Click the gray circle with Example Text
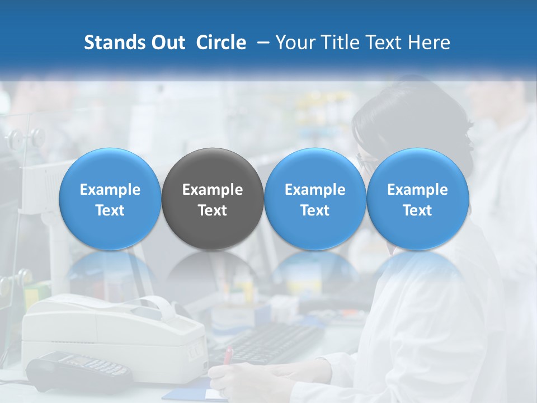coord(213,199)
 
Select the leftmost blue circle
coord(110,199)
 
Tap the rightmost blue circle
coord(417,199)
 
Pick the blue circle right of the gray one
coord(315,199)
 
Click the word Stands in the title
coord(114,43)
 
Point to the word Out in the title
coord(168,43)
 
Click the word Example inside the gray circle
coord(213,190)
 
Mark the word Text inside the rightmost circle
coord(417,210)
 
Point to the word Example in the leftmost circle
coord(110,190)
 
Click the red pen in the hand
coord(228,356)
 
